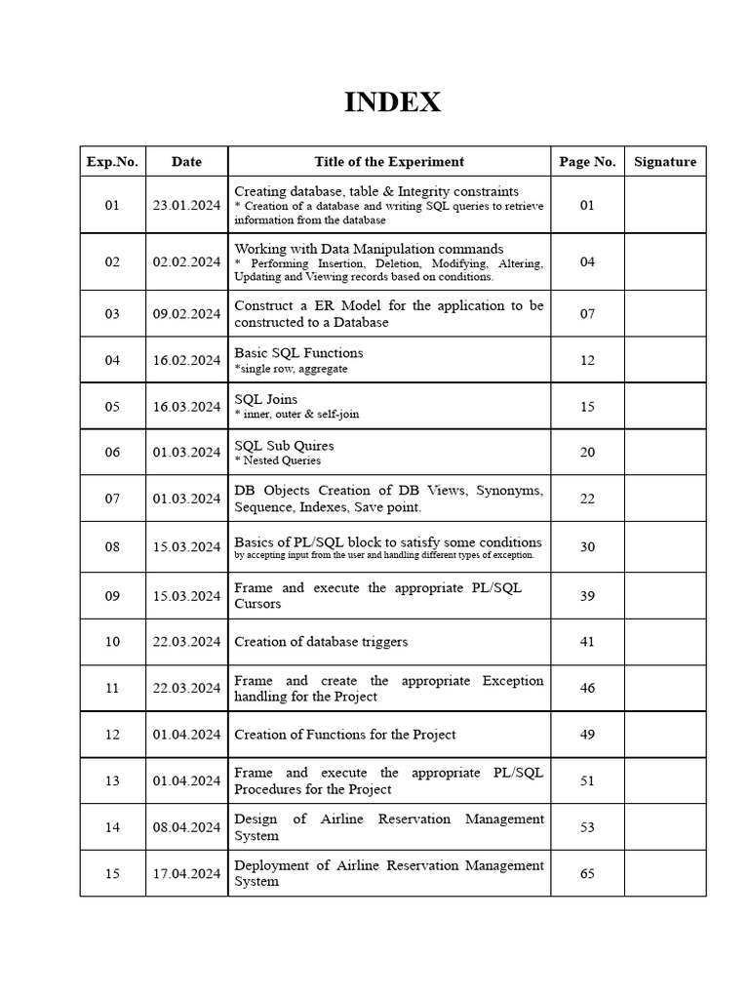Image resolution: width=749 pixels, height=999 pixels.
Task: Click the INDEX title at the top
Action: [392, 102]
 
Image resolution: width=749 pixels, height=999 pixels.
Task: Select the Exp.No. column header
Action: [112, 162]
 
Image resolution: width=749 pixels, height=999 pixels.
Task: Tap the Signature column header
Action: [665, 162]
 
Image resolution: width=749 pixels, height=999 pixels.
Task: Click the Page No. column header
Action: [587, 162]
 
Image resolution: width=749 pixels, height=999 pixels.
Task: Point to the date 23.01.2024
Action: [186, 206]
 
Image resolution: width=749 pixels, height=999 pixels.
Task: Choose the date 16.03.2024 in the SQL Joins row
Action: [186, 407]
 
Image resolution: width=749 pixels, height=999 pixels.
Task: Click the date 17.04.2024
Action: [186, 874]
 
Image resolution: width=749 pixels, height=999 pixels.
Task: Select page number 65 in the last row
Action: [587, 874]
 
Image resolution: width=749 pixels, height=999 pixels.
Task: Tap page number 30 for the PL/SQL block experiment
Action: [587, 547]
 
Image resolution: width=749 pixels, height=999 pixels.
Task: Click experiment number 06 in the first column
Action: [112, 453]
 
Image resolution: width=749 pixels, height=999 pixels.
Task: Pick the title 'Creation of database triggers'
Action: [321, 642]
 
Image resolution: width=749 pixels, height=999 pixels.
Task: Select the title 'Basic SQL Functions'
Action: [298, 353]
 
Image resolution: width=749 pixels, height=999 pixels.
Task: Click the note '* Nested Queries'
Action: [277, 460]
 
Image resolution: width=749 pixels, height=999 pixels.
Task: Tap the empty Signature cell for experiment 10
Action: [665, 642]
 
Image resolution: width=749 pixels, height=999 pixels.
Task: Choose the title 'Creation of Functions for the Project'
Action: [344, 735]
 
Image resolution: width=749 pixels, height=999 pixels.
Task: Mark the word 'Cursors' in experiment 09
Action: [257, 604]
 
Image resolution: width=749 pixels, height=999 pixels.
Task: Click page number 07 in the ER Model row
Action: [587, 314]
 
